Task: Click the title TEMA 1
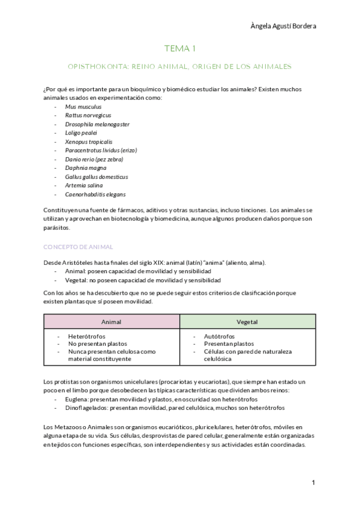[x=180, y=48]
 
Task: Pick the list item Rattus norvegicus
[x=88, y=115]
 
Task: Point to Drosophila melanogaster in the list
[x=97, y=124]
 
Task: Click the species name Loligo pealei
[x=81, y=133]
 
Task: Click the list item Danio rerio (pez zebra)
[x=95, y=159]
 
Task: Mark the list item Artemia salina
[x=83, y=185]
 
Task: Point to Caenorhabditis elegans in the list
[x=95, y=194]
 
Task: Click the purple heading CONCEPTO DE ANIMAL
[x=78, y=247]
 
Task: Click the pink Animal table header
[x=111, y=322]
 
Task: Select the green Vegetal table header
[x=247, y=322]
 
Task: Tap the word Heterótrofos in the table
[x=88, y=337]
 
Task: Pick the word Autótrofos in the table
[x=220, y=337]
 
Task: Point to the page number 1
[x=313, y=483]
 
